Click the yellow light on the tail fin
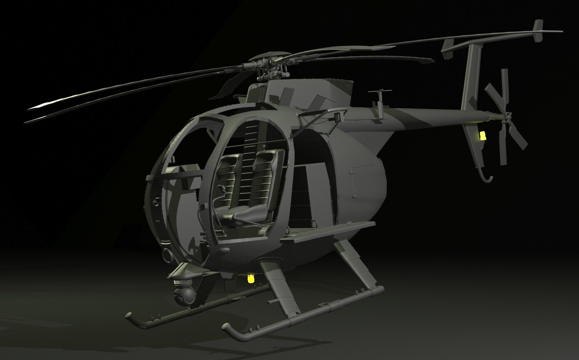pyautogui.click(x=482, y=136)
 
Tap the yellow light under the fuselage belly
pyautogui.click(x=251, y=279)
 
